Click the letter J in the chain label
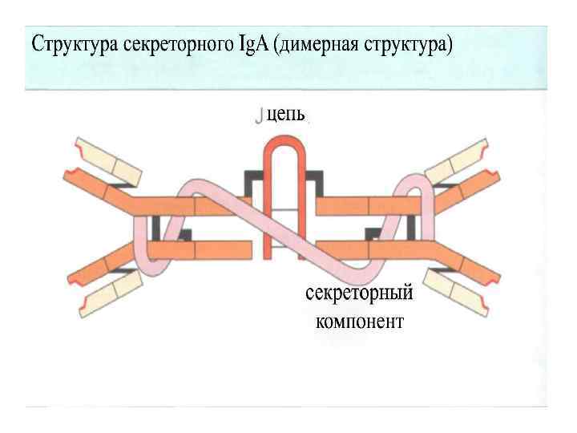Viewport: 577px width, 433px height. coord(258,117)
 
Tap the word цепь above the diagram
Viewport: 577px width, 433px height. coord(285,117)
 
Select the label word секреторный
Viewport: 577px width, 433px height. coord(359,293)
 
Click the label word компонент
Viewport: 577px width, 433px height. coord(360,322)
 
